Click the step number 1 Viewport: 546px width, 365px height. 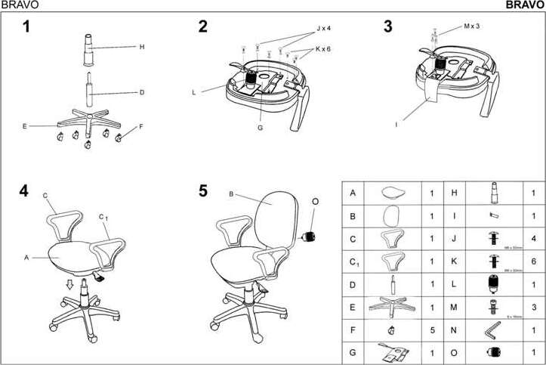click(26, 28)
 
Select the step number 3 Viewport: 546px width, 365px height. click(388, 27)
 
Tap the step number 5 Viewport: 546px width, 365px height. click(203, 191)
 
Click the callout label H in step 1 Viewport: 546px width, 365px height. click(141, 47)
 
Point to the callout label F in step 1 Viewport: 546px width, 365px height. click(140, 127)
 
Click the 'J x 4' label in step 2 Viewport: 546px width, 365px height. click(324, 29)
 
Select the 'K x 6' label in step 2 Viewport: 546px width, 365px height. click(323, 49)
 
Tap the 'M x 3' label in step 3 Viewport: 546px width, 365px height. click(472, 26)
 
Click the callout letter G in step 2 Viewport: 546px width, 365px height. click(259, 128)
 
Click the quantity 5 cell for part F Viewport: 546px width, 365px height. click(431, 329)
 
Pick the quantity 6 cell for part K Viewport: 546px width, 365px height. click(532, 261)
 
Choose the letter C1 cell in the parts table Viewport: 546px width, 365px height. click(353, 261)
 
